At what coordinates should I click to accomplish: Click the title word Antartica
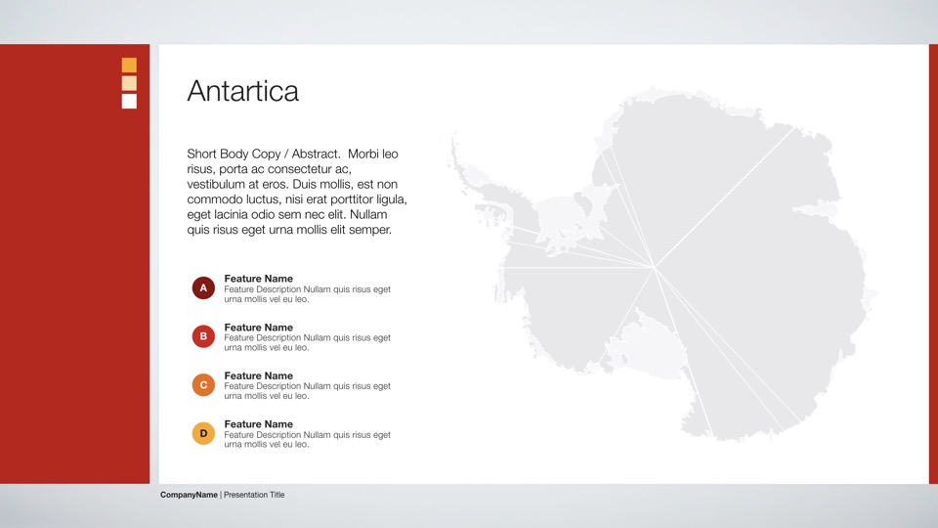[x=243, y=91]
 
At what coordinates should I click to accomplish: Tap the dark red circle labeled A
[x=203, y=287]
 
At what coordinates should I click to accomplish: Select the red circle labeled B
[x=203, y=336]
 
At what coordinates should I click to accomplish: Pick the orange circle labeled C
[x=203, y=385]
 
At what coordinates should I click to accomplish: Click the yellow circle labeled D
[x=203, y=433]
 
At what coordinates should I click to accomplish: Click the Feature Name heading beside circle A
[x=258, y=279]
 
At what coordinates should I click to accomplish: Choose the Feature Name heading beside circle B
[x=258, y=328]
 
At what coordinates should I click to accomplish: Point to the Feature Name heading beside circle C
[x=258, y=375]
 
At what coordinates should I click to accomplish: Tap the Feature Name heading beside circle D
[x=258, y=424]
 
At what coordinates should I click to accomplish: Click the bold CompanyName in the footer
[x=189, y=495]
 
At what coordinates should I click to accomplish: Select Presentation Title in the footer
[x=254, y=495]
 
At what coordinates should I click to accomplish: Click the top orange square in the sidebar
[x=129, y=65]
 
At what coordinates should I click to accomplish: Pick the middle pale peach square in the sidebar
[x=129, y=83]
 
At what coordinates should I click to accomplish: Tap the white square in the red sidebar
[x=129, y=101]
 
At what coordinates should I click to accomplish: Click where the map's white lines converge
[x=655, y=268]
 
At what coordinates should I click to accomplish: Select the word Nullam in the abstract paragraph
[x=368, y=214]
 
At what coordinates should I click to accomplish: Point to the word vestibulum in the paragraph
[x=215, y=185]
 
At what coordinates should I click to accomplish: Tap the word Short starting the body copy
[x=201, y=154]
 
